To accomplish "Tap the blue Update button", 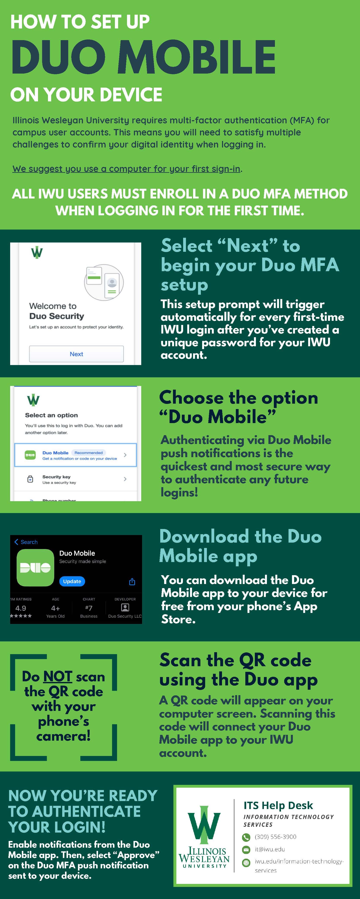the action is [72, 581].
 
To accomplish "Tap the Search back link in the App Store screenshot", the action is [26, 542].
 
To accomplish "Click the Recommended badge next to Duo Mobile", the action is [88, 453].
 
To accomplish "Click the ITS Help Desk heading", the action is [278, 805].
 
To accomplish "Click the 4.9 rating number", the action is [21, 608].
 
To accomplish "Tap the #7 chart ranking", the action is [89, 608].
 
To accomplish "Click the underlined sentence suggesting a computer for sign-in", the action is [126, 169].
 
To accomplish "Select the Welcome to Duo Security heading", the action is [57, 311].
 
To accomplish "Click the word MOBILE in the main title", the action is [197, 57].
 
